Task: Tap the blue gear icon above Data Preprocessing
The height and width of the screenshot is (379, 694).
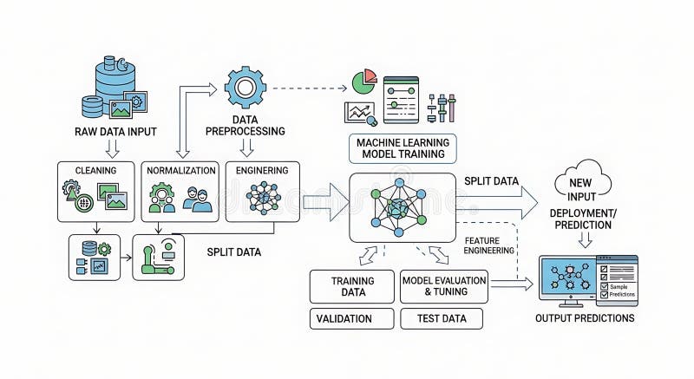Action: click(245, 87)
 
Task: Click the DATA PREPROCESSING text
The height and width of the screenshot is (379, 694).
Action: click(245, 125)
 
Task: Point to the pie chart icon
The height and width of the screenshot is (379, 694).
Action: click(363, 82)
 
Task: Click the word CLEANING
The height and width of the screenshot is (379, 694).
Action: click(95, 171)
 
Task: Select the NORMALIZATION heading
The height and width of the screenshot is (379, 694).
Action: click(180, 171)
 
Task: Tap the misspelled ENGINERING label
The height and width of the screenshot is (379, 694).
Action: click(262, 171)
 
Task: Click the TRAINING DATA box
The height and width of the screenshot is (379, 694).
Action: click(352, 286)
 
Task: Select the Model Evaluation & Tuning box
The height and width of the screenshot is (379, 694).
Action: click(443, 286)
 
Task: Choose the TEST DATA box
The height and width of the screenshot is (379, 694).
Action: click(443, 318)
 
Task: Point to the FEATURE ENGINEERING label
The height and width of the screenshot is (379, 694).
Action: click(490, 245)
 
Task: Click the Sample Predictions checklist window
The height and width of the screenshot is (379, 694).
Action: click(617, 280)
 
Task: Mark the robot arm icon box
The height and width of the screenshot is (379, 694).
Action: click(158, 258)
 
